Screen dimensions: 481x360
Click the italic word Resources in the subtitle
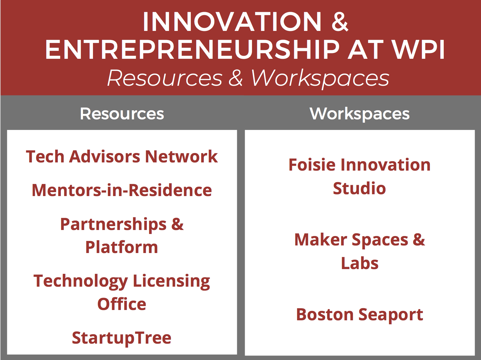point(165,78)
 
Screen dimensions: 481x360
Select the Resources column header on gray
point(122,114)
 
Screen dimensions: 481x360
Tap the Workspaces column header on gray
point(360,114)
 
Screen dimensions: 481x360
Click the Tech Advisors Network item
point(122,157)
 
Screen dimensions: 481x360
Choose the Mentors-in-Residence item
point(122,190)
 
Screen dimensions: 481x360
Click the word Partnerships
point(113,225)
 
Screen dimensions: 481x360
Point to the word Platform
point(122,247)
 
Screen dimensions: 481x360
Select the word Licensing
point(171,282)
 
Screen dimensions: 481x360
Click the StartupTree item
point(122,338)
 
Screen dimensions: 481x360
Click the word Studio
point(359,188)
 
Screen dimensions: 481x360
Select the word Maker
point(321,240)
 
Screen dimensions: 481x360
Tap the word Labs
point(360,263)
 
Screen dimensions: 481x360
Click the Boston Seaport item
point(360,315)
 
